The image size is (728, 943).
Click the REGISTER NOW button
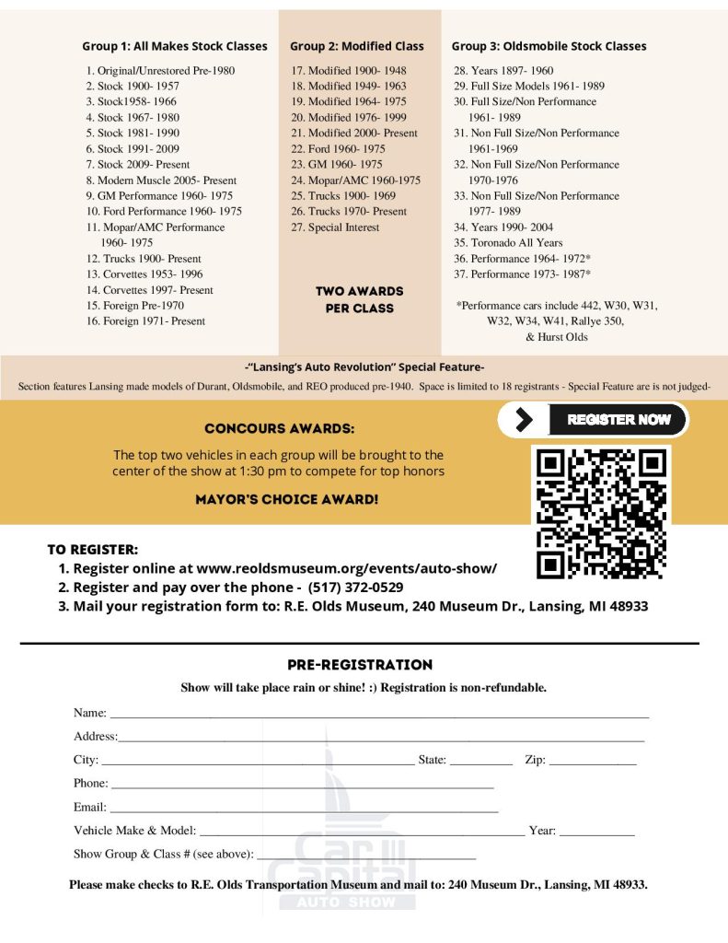point(618,420)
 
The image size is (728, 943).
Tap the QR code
point(601,513)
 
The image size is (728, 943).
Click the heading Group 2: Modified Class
point(357,46)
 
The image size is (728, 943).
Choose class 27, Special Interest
point(335,227)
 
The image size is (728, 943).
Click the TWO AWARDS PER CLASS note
point(359,299)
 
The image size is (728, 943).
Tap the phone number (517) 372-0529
point(355,588)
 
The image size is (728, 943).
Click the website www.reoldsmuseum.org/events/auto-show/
point(347,568)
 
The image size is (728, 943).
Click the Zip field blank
point(593,762)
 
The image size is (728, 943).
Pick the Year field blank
point(596,832)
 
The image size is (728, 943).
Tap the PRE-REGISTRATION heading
point(360,665)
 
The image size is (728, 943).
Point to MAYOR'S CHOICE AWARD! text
point(286,500)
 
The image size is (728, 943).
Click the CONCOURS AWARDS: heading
point(279,429)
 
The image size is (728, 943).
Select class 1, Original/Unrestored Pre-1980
point(161,70)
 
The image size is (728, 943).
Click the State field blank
point(480,762)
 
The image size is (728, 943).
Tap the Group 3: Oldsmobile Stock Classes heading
point(549,46)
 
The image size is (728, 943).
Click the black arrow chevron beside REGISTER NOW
point(525,420)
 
